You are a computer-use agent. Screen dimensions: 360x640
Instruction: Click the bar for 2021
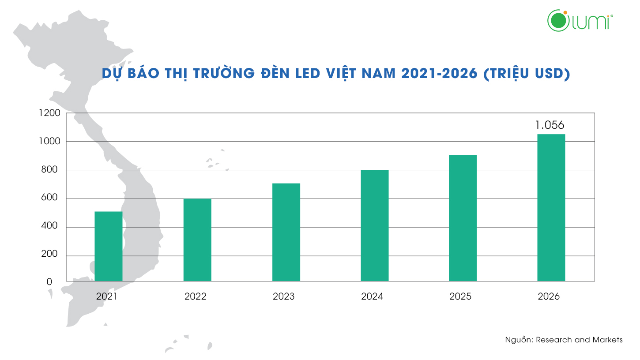point(109,246)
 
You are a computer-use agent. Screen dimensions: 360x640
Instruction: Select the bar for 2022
point(197,240)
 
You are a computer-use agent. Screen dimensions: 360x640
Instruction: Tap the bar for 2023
point(286,232)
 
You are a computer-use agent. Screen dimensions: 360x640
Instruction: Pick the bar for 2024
point(375,225)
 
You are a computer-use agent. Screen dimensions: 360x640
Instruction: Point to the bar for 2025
point(463,218)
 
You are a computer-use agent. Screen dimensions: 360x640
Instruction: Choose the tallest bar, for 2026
point(551,207)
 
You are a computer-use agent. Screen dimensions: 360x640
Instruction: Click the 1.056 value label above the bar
point(549,125)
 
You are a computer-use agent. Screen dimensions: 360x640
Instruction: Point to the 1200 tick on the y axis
point(50,113)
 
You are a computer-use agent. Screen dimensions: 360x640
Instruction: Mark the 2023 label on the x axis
point(283,296)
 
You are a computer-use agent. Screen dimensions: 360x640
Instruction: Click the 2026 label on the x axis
point(549,296)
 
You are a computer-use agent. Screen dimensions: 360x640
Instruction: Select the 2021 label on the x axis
point(107,296)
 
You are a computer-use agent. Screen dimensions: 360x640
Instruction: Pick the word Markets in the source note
point(608,340)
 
